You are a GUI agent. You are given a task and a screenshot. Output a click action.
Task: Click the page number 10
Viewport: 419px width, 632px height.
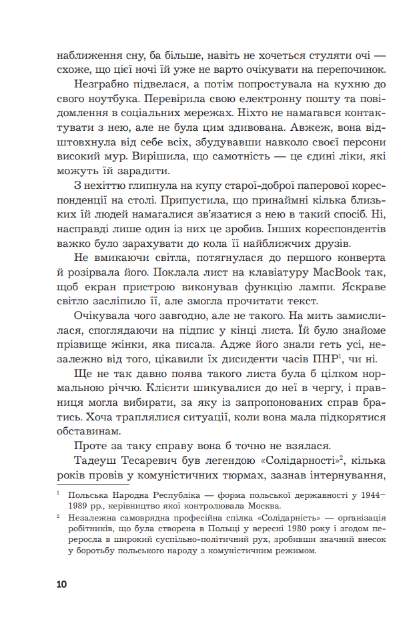point(62,585)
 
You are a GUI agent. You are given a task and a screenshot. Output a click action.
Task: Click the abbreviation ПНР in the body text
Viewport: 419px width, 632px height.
point(312,359)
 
